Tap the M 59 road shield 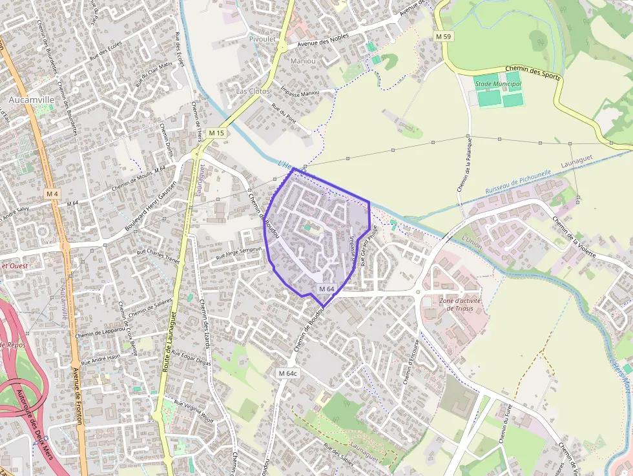443,37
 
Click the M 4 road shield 52,194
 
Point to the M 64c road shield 288,373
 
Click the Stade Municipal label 497,84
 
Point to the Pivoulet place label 262,39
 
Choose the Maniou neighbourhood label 304,61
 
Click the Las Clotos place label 253,91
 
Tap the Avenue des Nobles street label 322,40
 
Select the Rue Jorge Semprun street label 239,254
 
